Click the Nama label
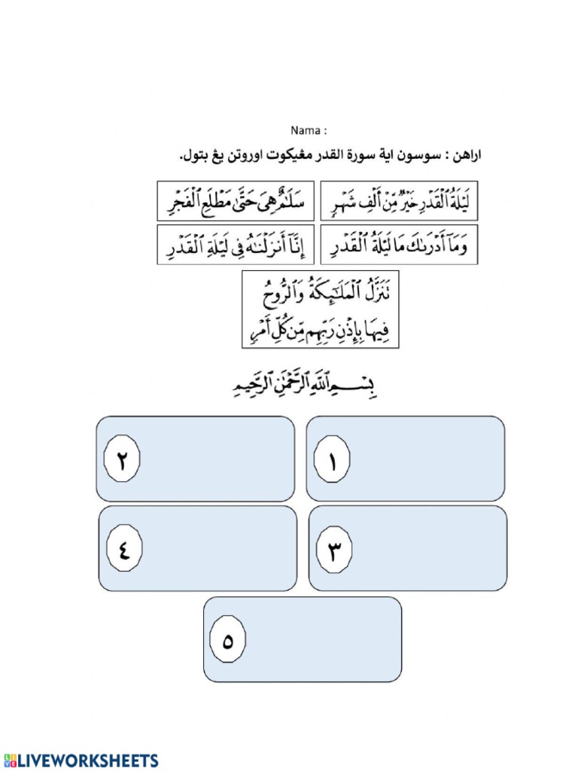coord(309,130)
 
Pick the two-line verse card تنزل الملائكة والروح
coord(320,310)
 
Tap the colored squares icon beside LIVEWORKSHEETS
coord(10,760)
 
